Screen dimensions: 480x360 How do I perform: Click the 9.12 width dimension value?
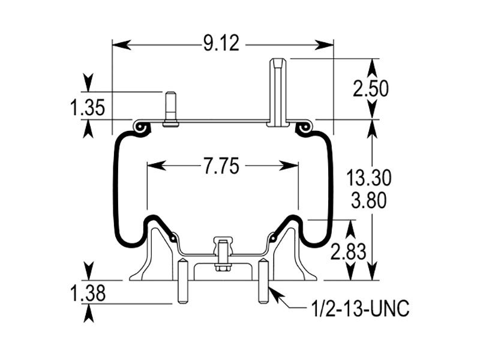[x=221, y=43]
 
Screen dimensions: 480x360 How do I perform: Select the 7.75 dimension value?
[x=221, y=167]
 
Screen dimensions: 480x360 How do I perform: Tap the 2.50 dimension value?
[x=370, y=89]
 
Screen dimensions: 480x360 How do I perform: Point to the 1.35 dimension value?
[x=88, y=108]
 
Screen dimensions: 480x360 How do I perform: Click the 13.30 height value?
[x=368, y=178]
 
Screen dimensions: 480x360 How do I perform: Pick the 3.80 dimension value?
[x=368, y=201]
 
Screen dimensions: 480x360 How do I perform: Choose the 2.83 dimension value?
[x=349, y=252]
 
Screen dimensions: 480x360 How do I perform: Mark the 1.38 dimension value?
[x=88, y=293]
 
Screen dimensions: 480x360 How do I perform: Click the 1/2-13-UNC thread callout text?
[x=360, y=308]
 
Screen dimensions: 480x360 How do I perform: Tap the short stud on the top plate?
[x=170, y=109]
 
